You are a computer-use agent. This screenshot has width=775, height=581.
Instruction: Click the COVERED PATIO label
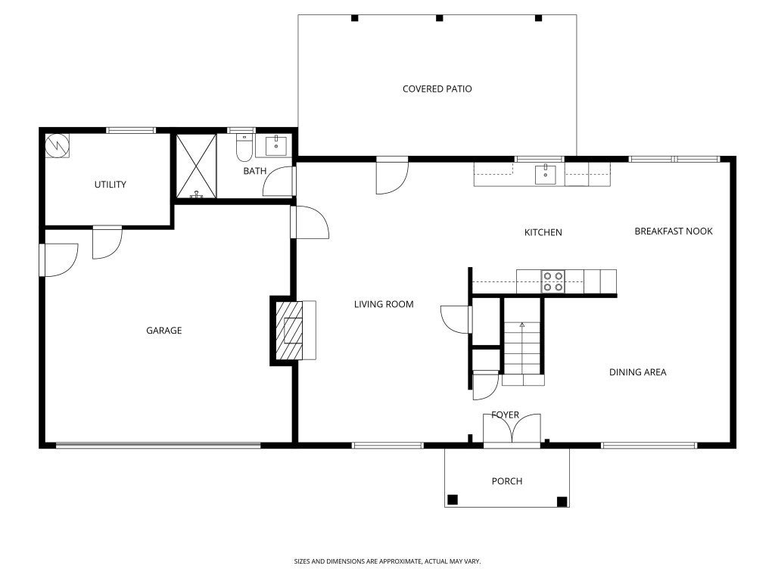tap(437, 89)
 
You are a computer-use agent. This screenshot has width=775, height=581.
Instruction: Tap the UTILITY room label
tap(110, 185)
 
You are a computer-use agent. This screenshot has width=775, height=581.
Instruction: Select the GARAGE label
tap(163, 330)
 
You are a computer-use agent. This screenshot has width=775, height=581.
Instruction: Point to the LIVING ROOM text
tap(384, 304)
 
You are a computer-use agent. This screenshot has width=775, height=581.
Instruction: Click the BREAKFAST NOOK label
tap(673, 231)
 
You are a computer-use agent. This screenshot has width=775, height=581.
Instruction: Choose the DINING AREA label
tap(637, 372)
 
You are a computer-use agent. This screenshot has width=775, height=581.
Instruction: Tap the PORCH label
tap(506, 480)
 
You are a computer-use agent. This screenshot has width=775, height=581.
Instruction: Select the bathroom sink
tap(275, 146)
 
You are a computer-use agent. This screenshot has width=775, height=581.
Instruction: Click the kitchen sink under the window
tap(545, 175)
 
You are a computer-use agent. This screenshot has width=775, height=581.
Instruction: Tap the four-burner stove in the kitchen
tap(552, 281)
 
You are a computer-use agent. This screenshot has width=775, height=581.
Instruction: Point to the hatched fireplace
tap(289, 330)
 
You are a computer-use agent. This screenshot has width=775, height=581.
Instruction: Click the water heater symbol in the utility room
tap(57, 146)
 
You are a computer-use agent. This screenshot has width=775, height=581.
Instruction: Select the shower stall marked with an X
tap(196, 166)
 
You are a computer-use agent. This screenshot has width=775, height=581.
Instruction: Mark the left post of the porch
tap(453, 499)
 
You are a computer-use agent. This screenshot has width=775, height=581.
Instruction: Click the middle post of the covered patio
tap(440, 18)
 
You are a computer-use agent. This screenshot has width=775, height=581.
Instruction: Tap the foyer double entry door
tap(512, 429)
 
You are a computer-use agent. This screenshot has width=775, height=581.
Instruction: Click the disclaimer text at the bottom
tap(387, 561)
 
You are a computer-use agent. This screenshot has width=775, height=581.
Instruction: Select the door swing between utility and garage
tap(107, 243)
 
